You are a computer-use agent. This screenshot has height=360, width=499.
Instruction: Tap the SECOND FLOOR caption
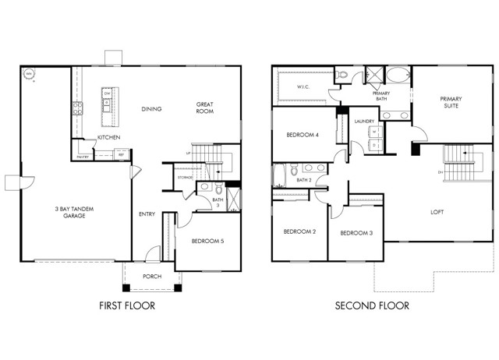[x=372, y=306]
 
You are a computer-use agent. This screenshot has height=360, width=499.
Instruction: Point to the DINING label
[x=151, y=109]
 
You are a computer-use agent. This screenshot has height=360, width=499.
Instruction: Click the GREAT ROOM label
[x=205, y=108]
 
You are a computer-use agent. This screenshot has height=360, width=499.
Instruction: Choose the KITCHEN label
[x=108, y=138]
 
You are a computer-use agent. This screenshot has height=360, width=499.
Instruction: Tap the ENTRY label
[x=147, y=214]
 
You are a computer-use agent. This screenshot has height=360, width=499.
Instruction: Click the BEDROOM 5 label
[x=207, y=242]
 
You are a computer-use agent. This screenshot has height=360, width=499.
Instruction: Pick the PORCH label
[x=152, y=277]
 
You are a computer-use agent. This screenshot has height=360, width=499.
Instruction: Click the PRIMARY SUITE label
[x=451, y=103]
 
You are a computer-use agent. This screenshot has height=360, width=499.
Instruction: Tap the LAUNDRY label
[x=364, y=122]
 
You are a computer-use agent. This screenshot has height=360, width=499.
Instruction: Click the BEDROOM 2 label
[x=299, y=231]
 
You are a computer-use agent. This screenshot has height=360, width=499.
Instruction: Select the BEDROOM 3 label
[x=356, y=233]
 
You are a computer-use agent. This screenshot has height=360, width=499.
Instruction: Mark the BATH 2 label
[x=304, y=180]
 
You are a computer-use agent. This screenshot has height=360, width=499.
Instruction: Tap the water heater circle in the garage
[x=30, y=75]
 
